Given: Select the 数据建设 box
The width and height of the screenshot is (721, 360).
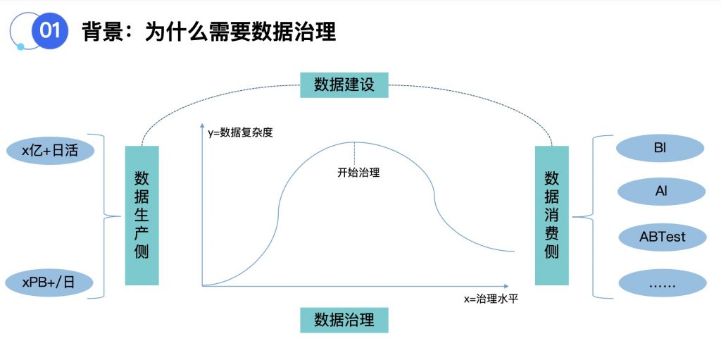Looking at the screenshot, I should (x=344, y=85).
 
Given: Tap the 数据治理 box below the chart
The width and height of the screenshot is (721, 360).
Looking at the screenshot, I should (x=344, y=320).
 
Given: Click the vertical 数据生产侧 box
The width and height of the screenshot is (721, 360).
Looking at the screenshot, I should (x=142, y=215).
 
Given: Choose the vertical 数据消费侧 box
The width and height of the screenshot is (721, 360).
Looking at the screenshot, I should (x=551, y=215).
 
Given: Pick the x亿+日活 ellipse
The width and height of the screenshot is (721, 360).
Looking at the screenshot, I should (x=49, y=150).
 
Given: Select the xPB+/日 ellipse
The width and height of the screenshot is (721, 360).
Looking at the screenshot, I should (x=49, y=283).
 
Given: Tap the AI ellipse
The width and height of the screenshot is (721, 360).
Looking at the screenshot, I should (x=661, y=192).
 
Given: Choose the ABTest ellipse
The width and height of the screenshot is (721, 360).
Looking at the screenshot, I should (x=662, y=237).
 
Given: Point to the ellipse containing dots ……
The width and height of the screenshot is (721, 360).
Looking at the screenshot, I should (x=662, y=283).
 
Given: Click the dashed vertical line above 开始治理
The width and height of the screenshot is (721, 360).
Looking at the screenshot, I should (x=354, y=154).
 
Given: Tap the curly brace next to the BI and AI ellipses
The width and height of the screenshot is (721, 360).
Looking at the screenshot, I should (x=596, y=216).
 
